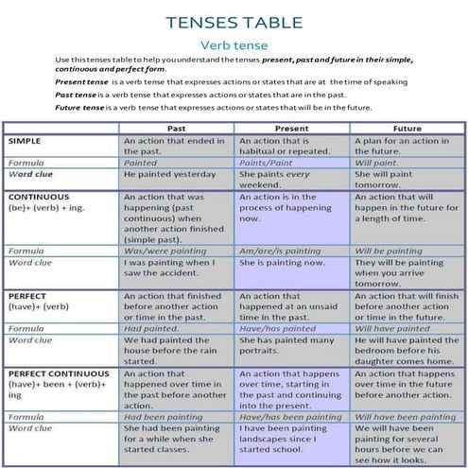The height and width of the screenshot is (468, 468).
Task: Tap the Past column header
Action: [176, 127]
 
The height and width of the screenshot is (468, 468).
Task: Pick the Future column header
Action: [407, 127]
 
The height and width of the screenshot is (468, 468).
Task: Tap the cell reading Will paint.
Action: [378, 162]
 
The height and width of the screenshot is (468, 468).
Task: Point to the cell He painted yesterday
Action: [170, 174]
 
